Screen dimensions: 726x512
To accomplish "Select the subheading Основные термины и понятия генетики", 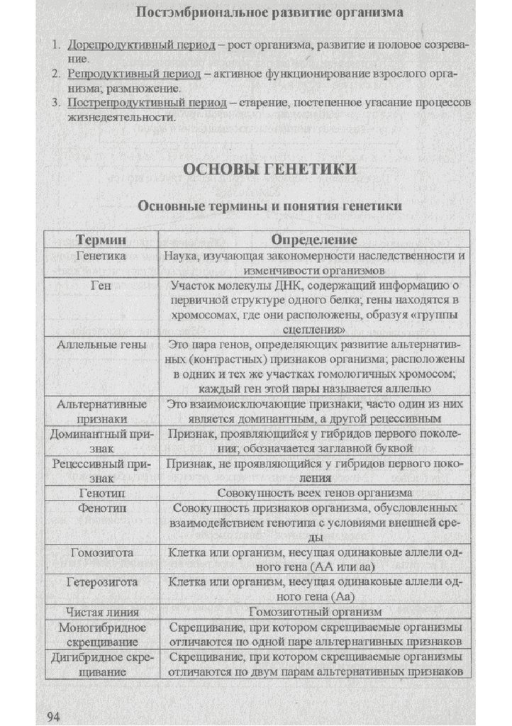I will (x=270, y=206).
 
